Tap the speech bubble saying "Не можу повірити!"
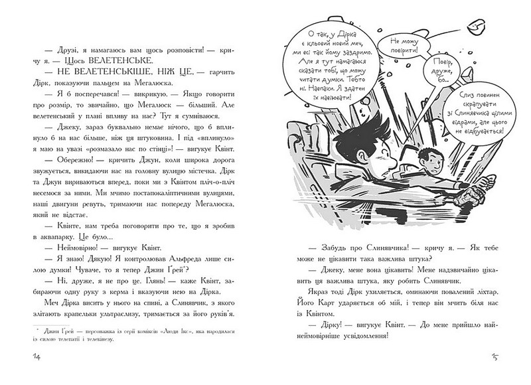[x=398, y=46]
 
